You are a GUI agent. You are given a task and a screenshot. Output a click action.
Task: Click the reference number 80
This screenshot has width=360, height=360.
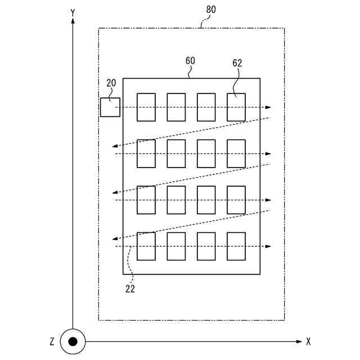coord(211,10)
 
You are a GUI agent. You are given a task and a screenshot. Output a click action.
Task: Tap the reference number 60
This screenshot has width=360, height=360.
coord(190,60)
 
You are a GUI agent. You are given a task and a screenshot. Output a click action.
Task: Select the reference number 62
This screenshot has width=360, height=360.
coord(237,64)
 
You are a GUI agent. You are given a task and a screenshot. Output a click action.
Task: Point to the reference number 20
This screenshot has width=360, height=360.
coord(111,83)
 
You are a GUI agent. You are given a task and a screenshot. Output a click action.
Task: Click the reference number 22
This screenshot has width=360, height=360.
coord(130,290)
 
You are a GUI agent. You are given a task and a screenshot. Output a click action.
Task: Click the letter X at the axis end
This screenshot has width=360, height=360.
coord(309,341)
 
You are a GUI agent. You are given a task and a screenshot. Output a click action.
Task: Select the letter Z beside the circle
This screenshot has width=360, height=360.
coord(52,341)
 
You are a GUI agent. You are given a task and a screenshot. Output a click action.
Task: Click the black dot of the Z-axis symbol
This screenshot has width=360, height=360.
coord(73,341)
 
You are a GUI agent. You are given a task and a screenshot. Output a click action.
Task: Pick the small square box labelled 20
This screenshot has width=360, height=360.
coord(110,107)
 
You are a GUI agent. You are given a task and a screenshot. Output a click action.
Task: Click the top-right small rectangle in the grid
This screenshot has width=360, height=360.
coord(236,107)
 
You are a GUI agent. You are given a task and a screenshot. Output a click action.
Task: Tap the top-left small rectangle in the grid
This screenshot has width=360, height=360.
coord(146,107)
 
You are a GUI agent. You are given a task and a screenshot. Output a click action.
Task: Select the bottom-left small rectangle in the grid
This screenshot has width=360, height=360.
coord(146,246)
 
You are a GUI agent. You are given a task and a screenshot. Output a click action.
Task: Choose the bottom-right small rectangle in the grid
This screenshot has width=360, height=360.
coord(236,246)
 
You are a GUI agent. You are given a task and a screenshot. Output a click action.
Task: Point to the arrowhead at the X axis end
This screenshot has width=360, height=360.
coord(299,341)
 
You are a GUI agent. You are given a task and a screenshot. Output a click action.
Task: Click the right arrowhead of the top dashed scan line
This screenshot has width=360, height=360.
coord(269,107)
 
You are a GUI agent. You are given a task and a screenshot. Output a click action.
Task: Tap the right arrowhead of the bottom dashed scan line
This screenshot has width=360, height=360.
coord(269,246)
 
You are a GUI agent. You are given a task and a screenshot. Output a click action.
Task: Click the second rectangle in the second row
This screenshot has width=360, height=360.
coord(176,154)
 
